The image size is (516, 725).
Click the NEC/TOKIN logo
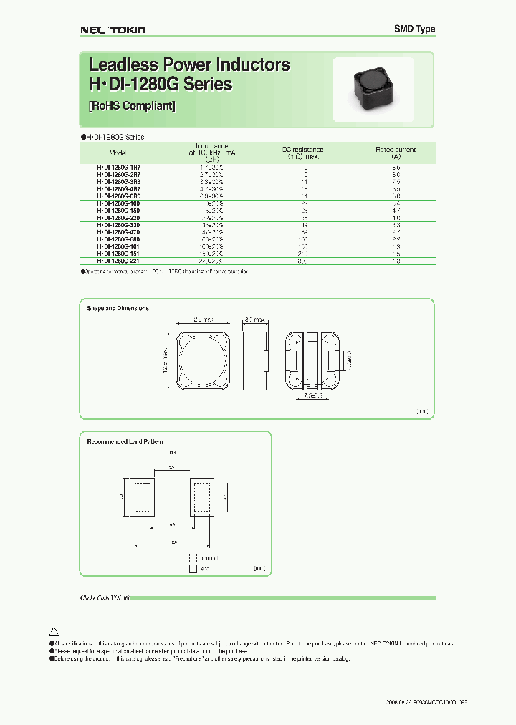(111, 29)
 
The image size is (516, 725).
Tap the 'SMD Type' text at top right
(414, 29)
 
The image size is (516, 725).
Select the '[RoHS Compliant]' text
(131, 106)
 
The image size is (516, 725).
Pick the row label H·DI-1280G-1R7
(118, 166)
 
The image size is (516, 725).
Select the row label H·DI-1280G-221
(118, 261)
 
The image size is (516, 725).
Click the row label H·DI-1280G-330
(118, 224)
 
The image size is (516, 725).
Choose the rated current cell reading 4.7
(396, 210)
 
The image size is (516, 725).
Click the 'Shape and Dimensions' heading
(118, 308)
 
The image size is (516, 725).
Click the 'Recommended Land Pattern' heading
(125, 442)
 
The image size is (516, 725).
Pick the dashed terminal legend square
(192, 557)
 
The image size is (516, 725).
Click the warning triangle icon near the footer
(53, 631)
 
